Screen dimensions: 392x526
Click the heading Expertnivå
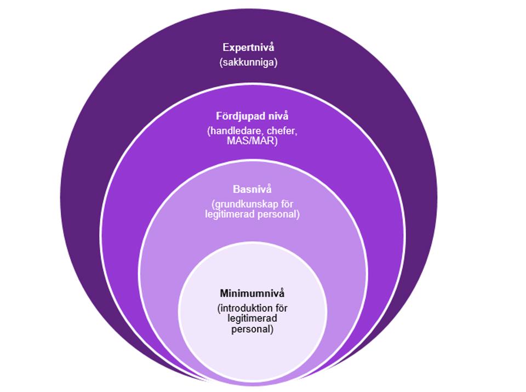[x=248, y=48]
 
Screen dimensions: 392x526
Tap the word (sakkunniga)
[x=248, y=62]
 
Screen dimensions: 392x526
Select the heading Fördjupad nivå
[x=252, y=116]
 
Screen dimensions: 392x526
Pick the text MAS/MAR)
[x=253, y=141]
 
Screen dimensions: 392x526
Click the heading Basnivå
[x=252, y=190]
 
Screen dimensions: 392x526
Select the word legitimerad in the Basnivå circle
[x=228, y=214]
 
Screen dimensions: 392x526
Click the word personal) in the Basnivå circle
[x=278, y=214]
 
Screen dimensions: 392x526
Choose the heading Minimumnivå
[x=252, y=293]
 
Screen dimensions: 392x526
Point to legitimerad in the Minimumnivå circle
[x=252, y=318]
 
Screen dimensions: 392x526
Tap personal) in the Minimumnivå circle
[x=252, y=329]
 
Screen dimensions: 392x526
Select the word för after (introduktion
[x=280, y=308]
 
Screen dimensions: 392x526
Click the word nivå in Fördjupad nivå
[x=277, y=116]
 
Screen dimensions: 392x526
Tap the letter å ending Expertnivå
[x=271, y=48]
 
